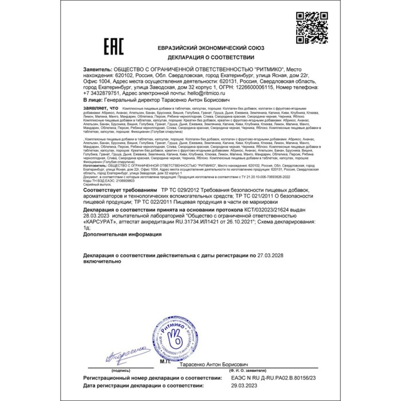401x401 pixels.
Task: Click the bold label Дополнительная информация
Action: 121,234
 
